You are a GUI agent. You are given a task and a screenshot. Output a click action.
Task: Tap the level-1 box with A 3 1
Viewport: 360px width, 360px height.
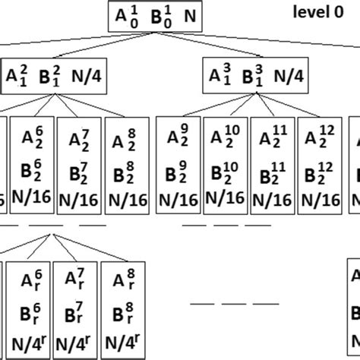[254, 76]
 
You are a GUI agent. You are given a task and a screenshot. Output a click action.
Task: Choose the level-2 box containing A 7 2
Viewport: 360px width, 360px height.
[79, 163]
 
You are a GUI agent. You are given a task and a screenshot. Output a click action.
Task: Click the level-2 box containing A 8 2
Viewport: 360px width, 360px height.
[125, 163]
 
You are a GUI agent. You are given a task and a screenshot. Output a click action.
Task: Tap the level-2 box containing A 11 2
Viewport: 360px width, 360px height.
[273, 163]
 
